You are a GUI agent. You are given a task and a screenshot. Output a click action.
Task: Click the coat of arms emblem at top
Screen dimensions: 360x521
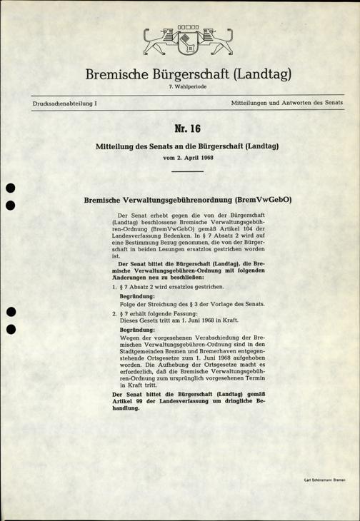coord(180,41)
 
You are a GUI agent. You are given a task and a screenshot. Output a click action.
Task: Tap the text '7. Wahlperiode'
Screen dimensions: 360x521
coord(181,86)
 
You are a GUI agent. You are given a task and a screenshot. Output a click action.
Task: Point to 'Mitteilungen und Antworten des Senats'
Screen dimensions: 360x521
coord(288,104)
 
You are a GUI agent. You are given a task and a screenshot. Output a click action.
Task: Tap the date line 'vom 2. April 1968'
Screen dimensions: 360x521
coord(180,156)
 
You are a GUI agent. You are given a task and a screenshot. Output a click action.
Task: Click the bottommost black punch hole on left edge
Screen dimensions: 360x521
coord(9,330)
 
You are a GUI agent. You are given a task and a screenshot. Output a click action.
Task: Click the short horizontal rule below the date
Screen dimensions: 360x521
coord(180,171)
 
